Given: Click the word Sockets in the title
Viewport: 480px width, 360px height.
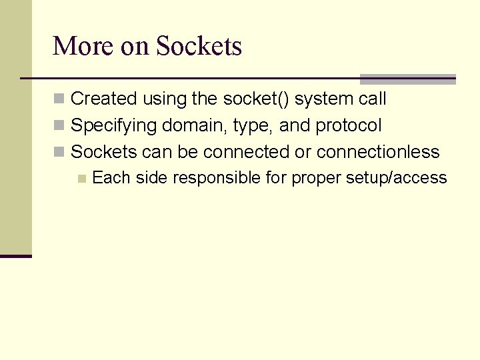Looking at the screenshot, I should coord(199,47).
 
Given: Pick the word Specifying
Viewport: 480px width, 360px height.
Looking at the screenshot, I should coord(113,126).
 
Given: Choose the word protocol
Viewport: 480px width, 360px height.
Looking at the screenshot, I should coord(349,126).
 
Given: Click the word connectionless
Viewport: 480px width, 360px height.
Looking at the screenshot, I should coord(378,152).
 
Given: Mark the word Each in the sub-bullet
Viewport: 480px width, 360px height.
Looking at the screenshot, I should coord(111,177).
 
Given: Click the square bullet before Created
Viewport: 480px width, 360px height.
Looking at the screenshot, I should coord(59,99).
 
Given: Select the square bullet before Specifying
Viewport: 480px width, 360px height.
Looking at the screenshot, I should coord(59,125).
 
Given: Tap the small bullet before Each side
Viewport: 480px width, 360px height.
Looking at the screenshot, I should coord(81,178).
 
